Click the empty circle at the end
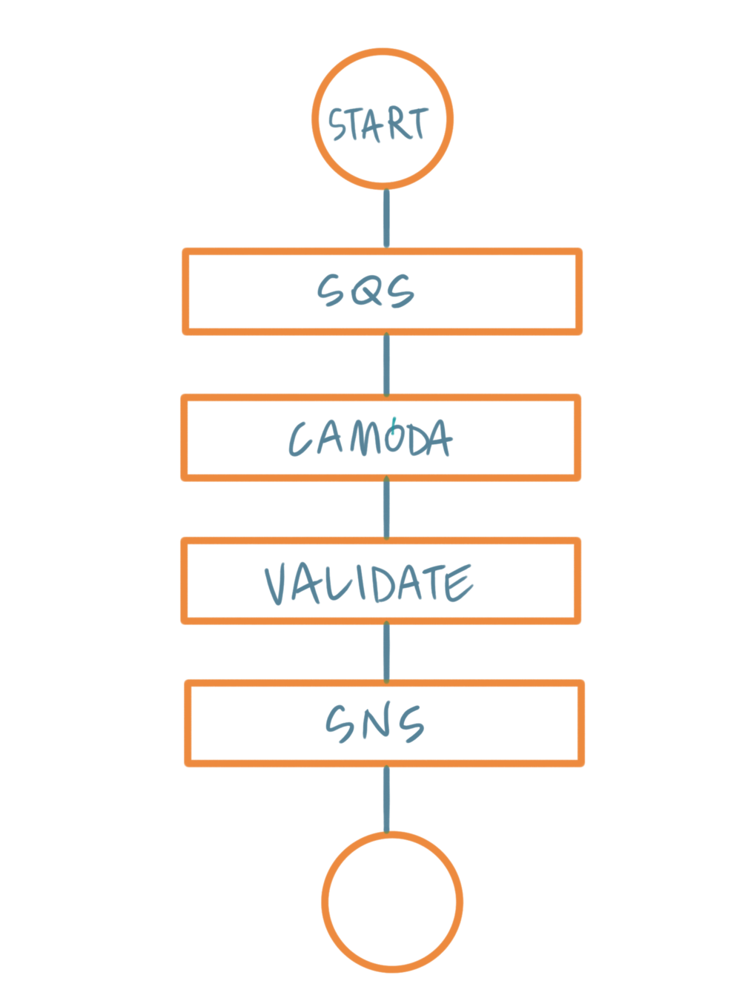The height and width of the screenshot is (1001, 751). (392, 902)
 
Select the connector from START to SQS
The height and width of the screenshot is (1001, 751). (386, 219)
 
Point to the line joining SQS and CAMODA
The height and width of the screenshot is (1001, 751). (386, 364)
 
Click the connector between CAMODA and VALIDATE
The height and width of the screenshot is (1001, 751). (386, 509)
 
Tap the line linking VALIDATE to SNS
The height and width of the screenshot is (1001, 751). (386, 652)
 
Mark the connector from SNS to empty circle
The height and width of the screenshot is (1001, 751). (386, 799)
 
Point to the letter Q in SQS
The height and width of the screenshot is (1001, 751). (366, 291)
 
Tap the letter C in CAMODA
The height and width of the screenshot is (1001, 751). (301, 438)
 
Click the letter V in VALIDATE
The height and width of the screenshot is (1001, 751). (278, 583)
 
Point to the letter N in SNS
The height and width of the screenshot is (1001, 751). (377, 724)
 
